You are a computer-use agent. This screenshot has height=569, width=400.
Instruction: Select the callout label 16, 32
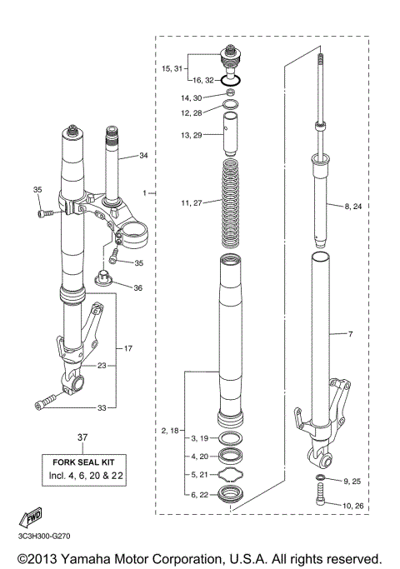click(x=204, y=81)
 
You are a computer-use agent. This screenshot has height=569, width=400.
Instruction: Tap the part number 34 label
click(x=143, y=156)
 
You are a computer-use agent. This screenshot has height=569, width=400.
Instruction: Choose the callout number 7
click(x=350, y=334)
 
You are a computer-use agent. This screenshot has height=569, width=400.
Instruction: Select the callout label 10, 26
click(x=353, y=504)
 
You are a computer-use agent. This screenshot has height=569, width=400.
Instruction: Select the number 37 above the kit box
click(x=82, y=437)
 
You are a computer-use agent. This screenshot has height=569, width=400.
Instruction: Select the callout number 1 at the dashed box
click(x=144, y=192)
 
